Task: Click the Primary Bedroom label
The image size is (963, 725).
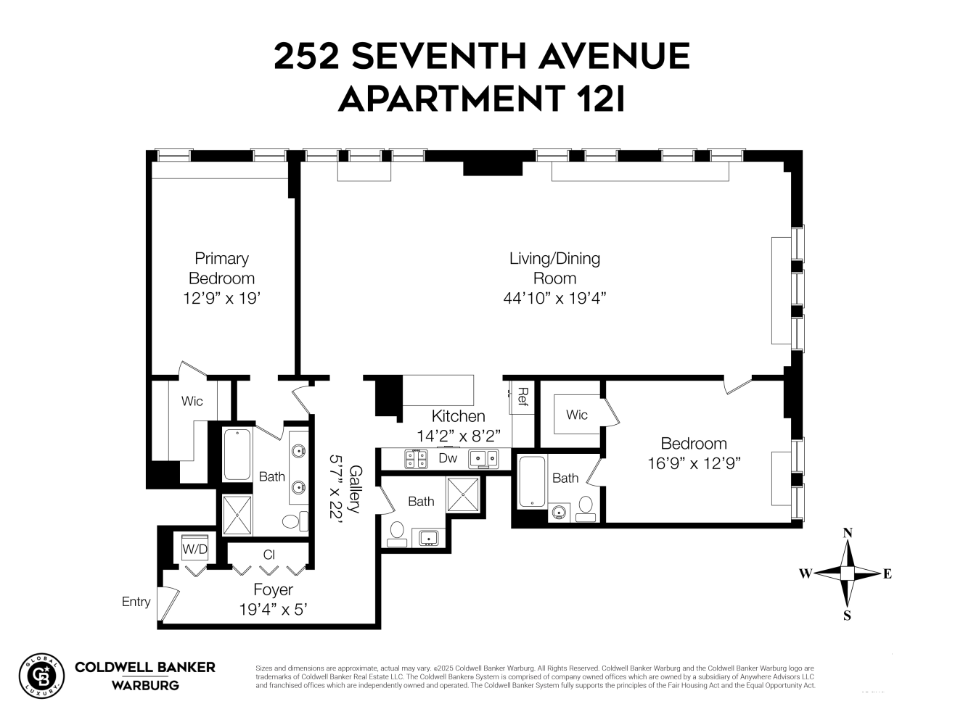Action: coord(221,268)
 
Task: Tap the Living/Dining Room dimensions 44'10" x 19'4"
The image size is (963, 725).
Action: coord(554,297)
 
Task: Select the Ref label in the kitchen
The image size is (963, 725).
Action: coord(522,396)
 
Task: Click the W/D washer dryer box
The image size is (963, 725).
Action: coord(194,550)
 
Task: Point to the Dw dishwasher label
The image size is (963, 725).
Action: coord(448,458)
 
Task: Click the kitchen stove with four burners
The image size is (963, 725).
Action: coord(416,458)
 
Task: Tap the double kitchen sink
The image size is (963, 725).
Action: coord(483,458)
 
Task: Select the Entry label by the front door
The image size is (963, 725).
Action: coord(136,602)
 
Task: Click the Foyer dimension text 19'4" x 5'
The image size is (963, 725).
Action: coord(274,610)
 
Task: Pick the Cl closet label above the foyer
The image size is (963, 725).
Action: coord(269,555)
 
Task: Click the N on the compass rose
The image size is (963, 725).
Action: coord(847,534)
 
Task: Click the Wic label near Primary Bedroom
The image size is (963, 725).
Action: coord(192,401)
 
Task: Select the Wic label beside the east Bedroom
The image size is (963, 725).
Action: coord(576,415)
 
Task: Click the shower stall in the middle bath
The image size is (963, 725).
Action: coord(464,496)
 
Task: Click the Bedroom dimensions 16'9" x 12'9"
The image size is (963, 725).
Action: coord(694,463)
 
